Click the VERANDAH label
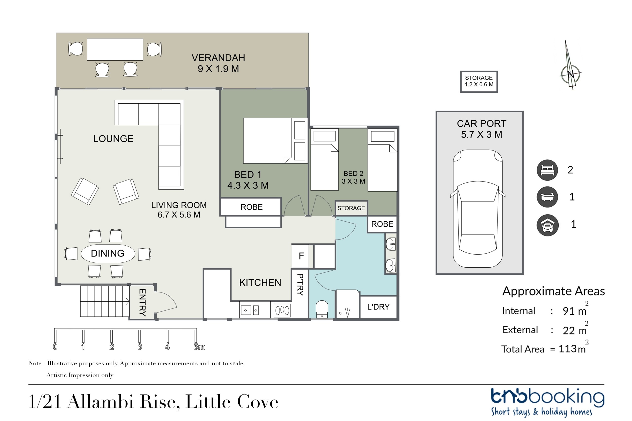(218, 58)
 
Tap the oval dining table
(108, 254)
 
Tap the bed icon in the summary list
(547, 170)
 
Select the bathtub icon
(547, 197)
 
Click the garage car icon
(547, 225)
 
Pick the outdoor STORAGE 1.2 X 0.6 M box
(479, 82)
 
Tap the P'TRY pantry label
(300, 285)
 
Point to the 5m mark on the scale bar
(199, 347)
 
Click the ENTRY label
(142, 302)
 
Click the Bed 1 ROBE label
(252, 207)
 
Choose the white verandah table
(115, 49)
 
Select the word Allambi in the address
(101, 402)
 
